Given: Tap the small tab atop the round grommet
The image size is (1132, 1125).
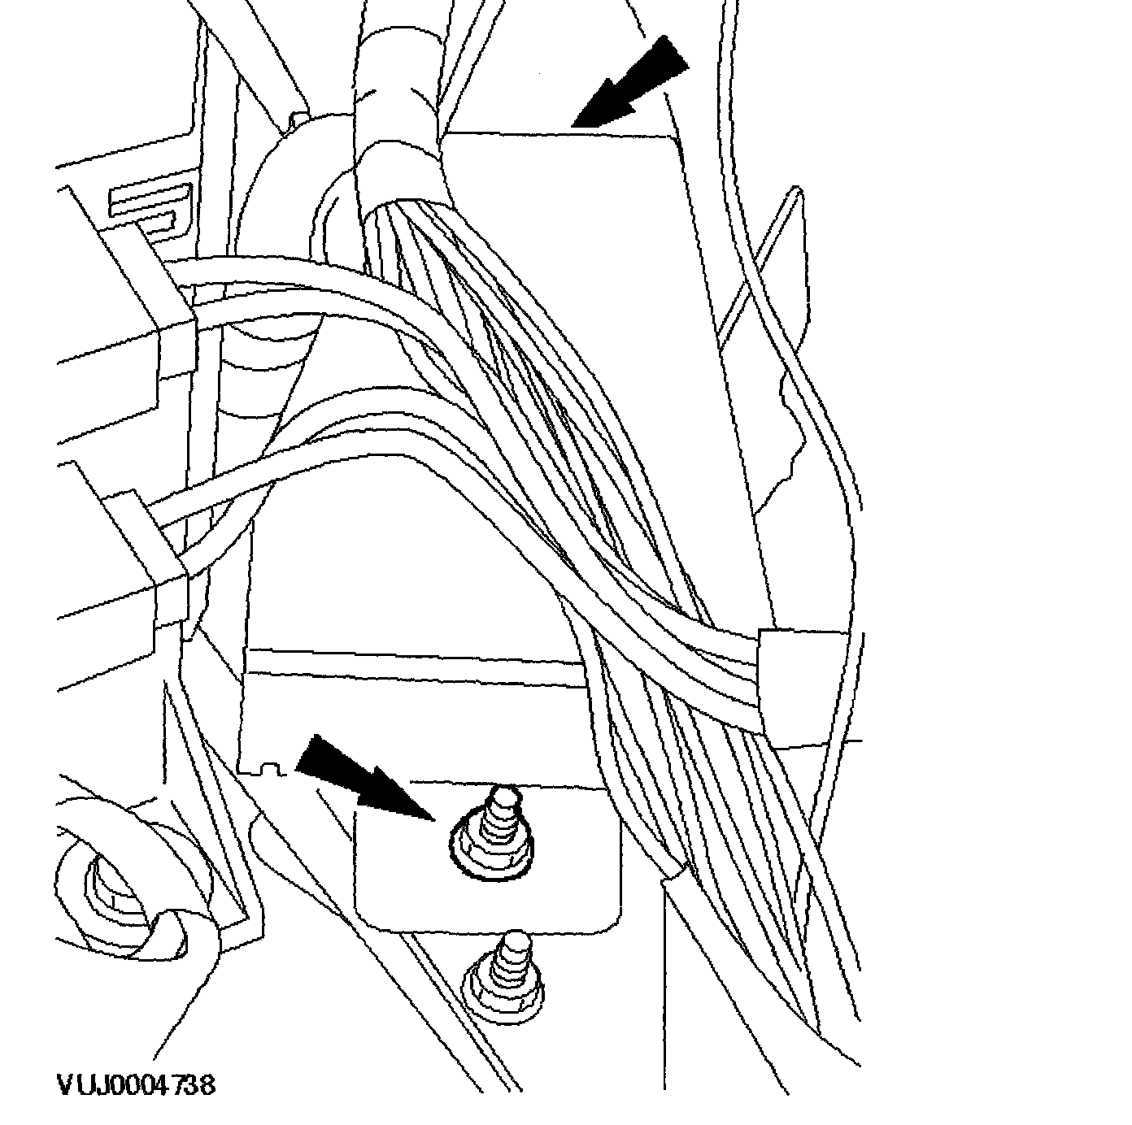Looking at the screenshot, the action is pos(296,122).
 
